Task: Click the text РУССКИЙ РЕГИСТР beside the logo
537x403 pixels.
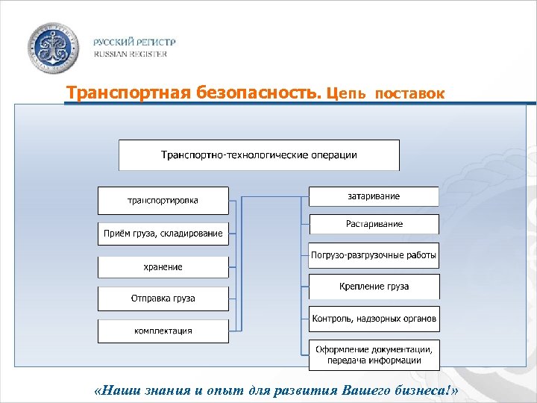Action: [130, 43]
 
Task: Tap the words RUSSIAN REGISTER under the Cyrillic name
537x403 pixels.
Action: [130, 54]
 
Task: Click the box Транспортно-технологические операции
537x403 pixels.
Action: [259, 155]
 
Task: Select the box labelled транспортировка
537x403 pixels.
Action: [163, 201]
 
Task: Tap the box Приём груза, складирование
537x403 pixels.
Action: [163, 234]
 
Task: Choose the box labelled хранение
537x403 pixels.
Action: [163, 266]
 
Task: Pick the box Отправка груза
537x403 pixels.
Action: [163, 299]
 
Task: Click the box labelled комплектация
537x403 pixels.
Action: [163, 331]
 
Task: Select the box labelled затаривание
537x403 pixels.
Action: [374, 196]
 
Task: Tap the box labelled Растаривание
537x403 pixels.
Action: [374, 224]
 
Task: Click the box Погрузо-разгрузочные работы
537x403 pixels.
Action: [374, 255]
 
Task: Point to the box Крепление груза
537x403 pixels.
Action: [374, 287]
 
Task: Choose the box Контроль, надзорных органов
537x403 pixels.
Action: [374, 319]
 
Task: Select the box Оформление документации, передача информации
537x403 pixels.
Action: [374, 354]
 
